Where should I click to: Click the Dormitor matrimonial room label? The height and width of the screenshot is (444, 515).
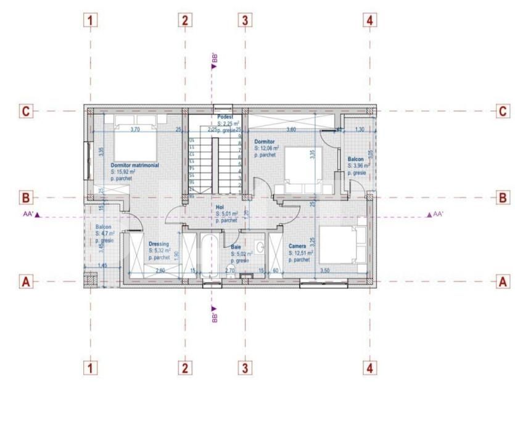point(135,165)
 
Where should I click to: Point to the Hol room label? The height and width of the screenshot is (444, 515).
point(220,207)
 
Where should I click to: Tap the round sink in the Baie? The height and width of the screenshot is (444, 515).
point(260,249)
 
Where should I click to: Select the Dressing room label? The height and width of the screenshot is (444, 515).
point(158,244)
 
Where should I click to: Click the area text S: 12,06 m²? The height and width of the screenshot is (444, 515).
point(267,149)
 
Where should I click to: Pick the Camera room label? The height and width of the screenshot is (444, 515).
point(297,246)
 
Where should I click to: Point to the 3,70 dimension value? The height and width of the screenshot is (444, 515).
point(136,129)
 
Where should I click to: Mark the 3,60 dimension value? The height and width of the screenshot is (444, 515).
point(289,129)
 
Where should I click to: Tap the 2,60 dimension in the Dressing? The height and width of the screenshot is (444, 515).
point(160,271)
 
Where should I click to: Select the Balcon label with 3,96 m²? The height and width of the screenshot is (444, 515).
point(355,158)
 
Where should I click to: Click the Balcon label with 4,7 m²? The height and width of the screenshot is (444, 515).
point(103,228)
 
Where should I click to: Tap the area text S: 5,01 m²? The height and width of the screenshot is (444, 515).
point(227,214)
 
